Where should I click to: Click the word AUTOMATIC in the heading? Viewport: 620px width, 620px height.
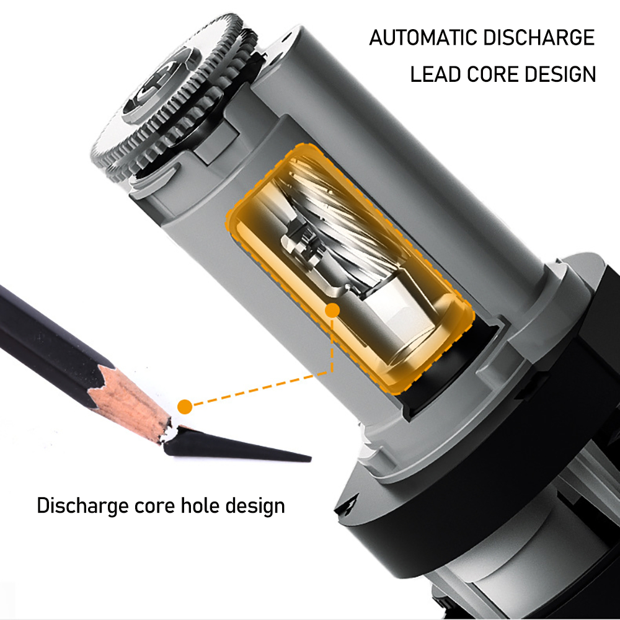click(423, 38)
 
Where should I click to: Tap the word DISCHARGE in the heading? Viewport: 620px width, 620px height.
click(539, 38)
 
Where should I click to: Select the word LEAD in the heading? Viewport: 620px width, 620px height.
click(435, 74)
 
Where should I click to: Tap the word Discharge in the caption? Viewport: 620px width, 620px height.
click(82, 507)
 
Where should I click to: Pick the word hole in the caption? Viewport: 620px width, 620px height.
click(200, 505)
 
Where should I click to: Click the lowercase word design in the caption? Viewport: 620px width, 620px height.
click(255, 507)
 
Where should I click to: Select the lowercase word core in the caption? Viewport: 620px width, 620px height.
click(154, 507)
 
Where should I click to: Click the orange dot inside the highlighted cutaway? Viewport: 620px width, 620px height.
click(332, 311)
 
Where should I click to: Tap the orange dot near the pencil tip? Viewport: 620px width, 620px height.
click(185, 407)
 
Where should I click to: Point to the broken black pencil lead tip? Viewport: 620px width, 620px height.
click(237, 445)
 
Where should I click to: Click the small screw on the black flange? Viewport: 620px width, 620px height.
click(348, 505)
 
